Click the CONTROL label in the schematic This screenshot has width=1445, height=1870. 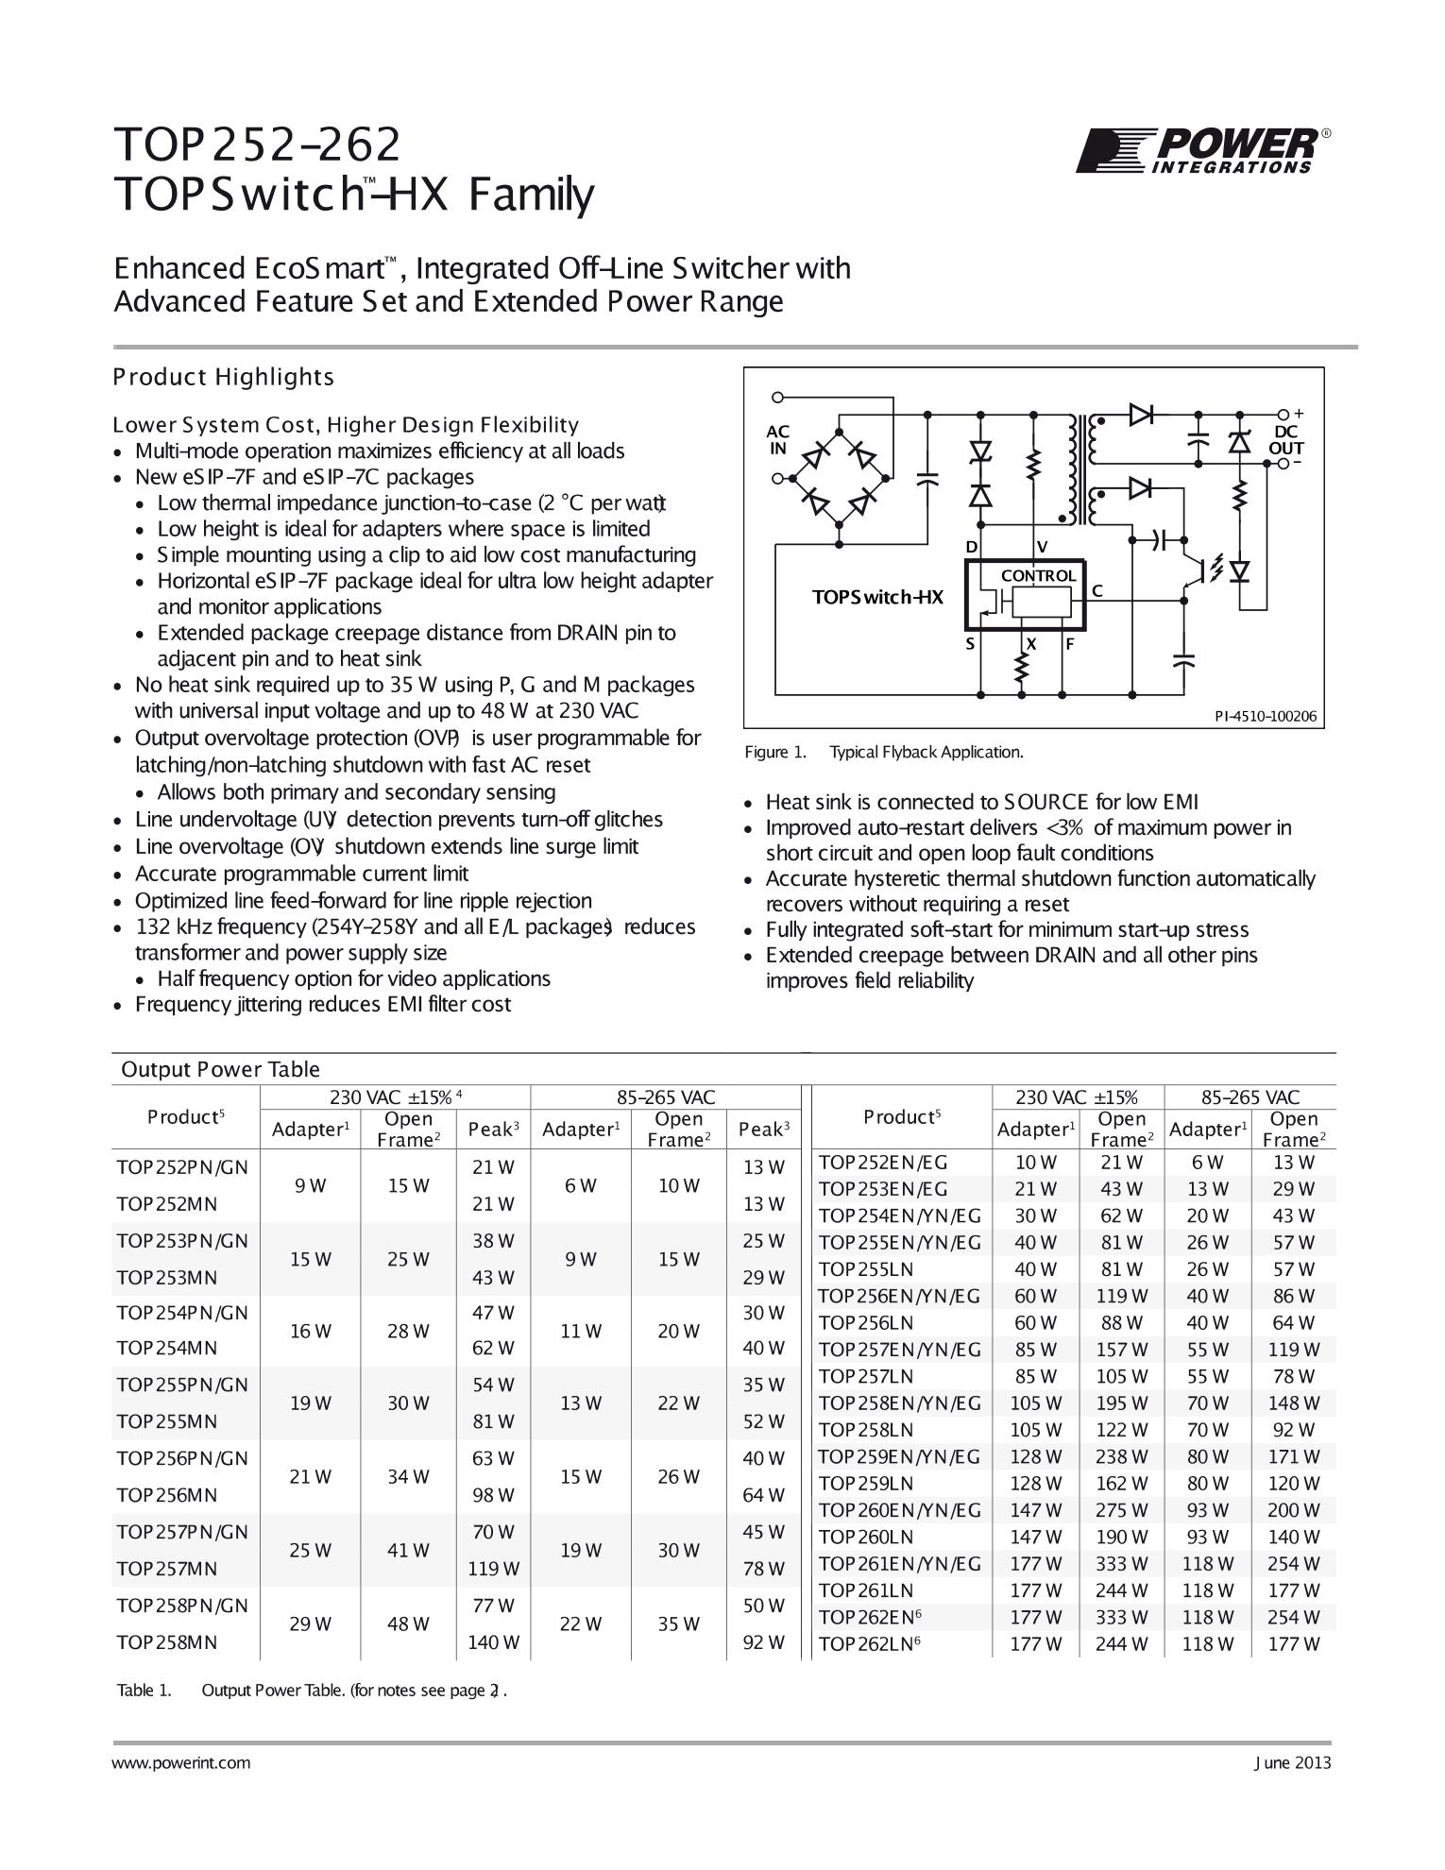1038,575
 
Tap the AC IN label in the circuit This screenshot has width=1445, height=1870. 777,440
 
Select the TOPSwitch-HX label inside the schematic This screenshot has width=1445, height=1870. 877,597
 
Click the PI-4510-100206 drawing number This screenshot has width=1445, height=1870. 1265,716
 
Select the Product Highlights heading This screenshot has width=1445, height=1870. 224,377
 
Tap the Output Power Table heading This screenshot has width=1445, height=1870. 221,1069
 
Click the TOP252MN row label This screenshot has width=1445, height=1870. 167,1204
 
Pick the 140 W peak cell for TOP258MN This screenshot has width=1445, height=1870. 493,1642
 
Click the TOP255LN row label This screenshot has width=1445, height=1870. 866,1269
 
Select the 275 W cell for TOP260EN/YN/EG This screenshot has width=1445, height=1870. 1121,1510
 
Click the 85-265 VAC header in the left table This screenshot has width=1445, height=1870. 666,1097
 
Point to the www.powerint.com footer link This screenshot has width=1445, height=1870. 181,1762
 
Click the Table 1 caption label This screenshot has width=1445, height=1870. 144,1691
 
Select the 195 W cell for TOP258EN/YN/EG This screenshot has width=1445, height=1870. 1121,1403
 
